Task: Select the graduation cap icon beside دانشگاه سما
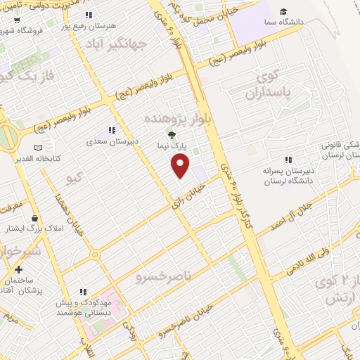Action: click(x=283, y=11)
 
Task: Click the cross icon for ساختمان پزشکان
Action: click(x=18, y=269)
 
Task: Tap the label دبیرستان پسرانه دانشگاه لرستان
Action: click(x=316, y=175)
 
